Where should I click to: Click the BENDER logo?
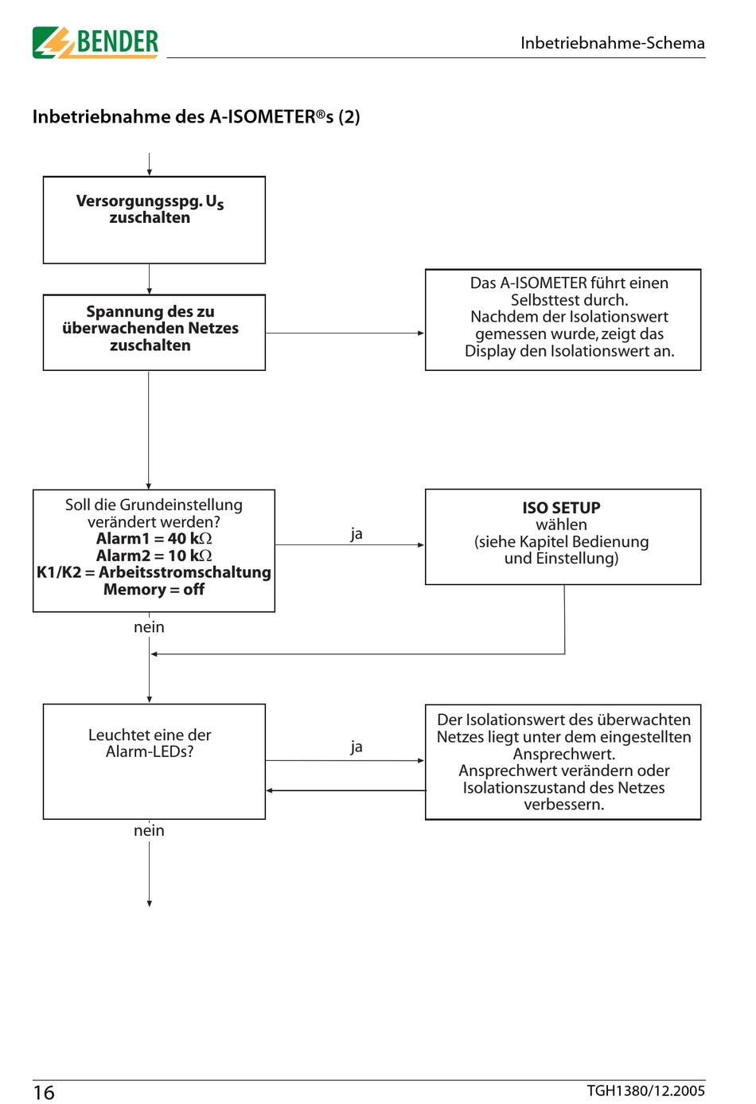pyautogui.click(x=95, y=42)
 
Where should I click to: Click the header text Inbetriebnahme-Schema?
pyautogui.click(x=613, y=43)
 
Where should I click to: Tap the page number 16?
pyautogui.click(x=44, y=1092)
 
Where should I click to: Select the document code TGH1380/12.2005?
pyautogui.click(x=645, y=1090)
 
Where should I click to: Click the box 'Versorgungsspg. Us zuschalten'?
pyautogui.click(x=154, y=220)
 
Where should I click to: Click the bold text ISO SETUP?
pyautogui.click(x=561, y=508)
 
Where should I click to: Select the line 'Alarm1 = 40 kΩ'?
pyautogui.click(x=154, y=538)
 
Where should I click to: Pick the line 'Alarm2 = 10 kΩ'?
pyautogui.click(x=154, y=556)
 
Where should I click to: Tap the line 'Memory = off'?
pyautogui.click(x=154, y=589)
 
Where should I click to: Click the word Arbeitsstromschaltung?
pyautogui.click(x=185, y=572)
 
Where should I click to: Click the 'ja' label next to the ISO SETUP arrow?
pyautogui.click(x=357, y=534)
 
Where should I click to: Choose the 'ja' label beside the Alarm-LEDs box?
pyautogui.click(x=357, y=747)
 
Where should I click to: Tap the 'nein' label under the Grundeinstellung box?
pyautogui.click(x=149, y=627)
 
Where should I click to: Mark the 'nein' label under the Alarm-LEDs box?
pyautogui.click(x=149, y=830)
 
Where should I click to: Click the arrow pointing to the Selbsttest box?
pyautogui.click(x=345, y=334)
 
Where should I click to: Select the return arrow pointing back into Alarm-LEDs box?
pyautogui.click(x=345, y=790)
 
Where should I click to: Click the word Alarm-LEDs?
pyautogui.click(x=150, y=751)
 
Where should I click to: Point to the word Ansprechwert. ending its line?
pyautogui.click(x=564, y=754)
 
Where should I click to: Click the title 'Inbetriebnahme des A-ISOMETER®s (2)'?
pyautogui.click(x=196, y=117)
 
